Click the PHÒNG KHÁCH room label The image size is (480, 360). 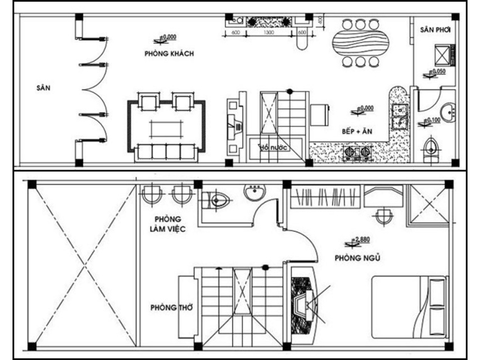coord(169,53)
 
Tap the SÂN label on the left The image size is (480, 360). coord(43,88)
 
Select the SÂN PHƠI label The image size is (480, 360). coord(435,30)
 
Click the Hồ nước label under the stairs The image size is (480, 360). coord(273,147)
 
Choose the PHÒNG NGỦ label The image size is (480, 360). coord(358,258)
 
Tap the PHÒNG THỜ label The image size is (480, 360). coord(171,307)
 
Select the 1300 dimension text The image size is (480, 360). coord(268,32)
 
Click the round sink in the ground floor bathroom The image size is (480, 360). coord(449,112)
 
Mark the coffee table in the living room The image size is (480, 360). coord(166,128)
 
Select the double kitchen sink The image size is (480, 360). coord(399,117)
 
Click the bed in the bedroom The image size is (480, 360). coord(409,304)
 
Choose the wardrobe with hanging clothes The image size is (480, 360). coord(325,197)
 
